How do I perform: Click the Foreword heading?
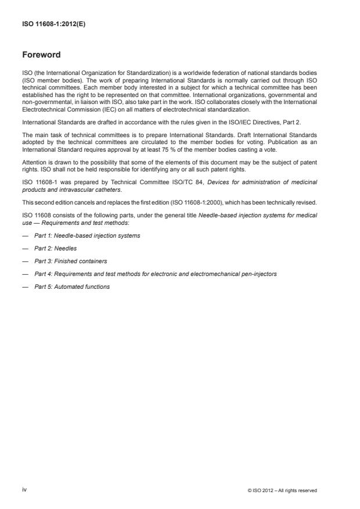coord(41,55)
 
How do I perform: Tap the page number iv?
coord(24,489)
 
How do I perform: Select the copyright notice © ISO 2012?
coord(282,490)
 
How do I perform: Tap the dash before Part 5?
coord(26,286)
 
